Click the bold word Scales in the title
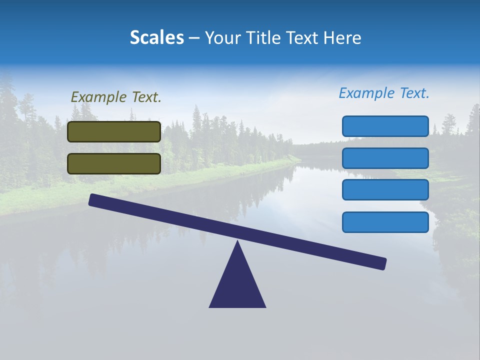tap(156, 38)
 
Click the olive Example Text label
tap(116, 97)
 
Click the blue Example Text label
tap(384, 93)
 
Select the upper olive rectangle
tap(114, 131)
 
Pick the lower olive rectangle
tap(114, 163)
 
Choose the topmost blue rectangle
tap(385, 126)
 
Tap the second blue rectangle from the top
tap(385, 158)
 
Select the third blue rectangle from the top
tap(385, 190)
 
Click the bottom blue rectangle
tap(385, 222)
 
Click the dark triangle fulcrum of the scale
tap(237, 285)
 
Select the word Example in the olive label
tap(99, 97)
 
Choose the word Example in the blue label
tap(367, 93)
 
